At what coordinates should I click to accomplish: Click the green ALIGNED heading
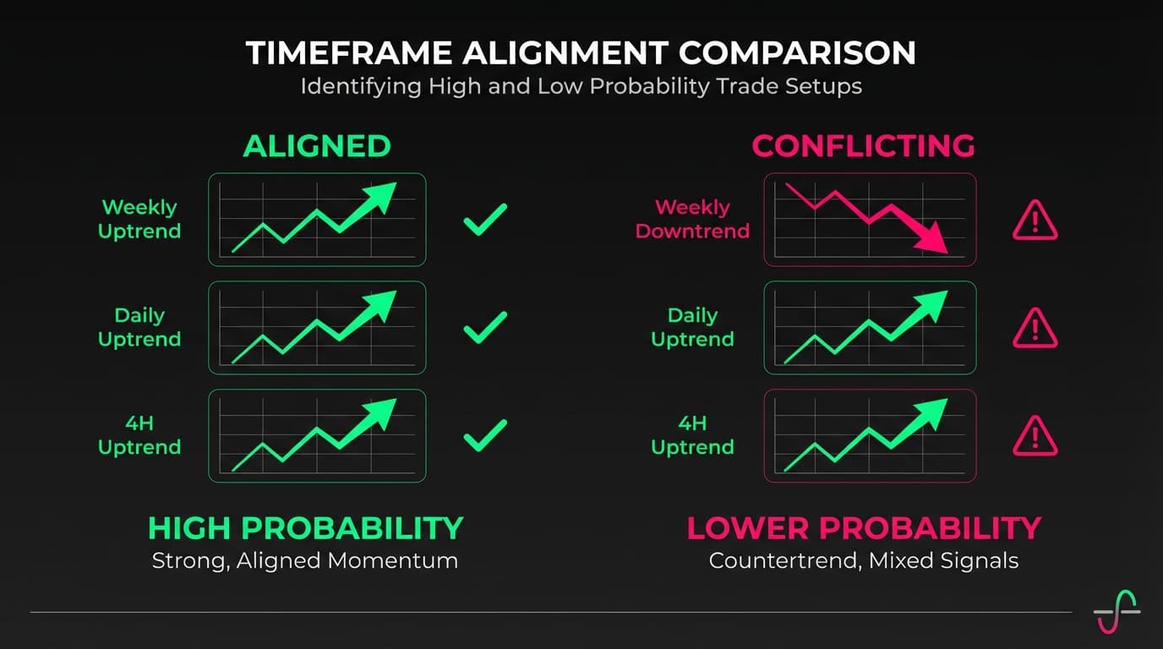pyautogui.click(x=317, y=146)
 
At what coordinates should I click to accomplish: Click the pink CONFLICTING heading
pyautogui.click(x=863, y=146)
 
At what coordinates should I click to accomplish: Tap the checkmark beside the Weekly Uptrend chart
pyautogui.click(x=485, y=219)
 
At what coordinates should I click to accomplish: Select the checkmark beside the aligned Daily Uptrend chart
pyautogui.click(x=485, y=327)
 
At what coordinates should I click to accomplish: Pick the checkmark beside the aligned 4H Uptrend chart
pyautogui.click(x=485, y=435)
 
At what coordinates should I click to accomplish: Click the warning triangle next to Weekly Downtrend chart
pyautogui.click(x=1035, y=221)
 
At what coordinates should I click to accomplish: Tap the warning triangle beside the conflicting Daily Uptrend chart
pyautogui.click(x=1035, y=329)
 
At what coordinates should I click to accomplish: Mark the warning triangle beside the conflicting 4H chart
pyautogui.click(x=1035, y=437)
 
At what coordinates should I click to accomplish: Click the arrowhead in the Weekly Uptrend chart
pyautogui.click(x=379, y=197)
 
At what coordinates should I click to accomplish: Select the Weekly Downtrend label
pyautogui.click(x=692, y=219)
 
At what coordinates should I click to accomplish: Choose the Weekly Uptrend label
pyautogui.click(x=139, y=219)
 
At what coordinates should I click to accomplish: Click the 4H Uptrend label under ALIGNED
pyautogui.click(x=139, y=435)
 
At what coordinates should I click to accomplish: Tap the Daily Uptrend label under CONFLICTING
pyautogui.click(x=692, y=327)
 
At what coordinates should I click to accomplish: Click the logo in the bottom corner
pyautogui.click(x=1117, y=610)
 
